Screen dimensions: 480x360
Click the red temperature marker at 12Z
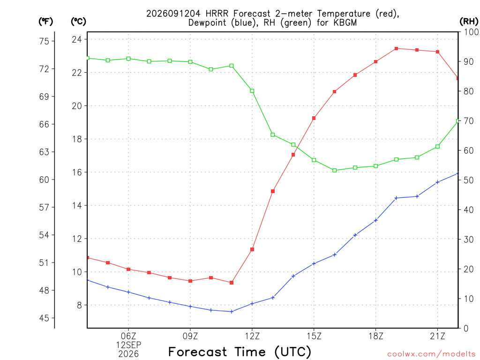[252, 249]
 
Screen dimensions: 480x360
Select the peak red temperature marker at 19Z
[396, 48]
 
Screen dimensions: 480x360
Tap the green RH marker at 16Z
[335, 170]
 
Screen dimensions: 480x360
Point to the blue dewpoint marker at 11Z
[232, 312]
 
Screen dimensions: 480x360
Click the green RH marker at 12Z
[252, 90]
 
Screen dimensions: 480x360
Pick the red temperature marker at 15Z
[314, 118]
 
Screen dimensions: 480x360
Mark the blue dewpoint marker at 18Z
[376, 220]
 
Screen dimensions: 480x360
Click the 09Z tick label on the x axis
[190, 336]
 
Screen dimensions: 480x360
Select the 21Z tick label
[437, 336]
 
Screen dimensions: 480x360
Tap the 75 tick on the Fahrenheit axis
[44, 41]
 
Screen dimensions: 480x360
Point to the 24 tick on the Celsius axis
[77, 39]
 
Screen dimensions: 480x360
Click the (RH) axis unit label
[469, 22]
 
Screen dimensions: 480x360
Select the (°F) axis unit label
[45, 22]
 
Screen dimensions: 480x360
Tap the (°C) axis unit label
[78, 22]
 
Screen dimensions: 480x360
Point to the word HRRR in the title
[217, 14]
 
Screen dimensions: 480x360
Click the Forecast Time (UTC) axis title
[240, 352]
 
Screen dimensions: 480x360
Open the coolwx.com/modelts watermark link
[431, 354]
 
